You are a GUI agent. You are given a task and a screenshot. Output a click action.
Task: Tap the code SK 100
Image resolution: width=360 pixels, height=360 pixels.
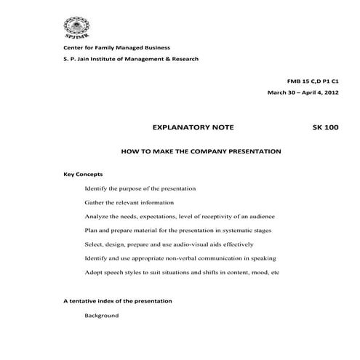click(x=324, y=128)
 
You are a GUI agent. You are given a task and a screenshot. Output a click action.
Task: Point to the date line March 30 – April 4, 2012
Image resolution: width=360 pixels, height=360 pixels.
click(x=303, y=93)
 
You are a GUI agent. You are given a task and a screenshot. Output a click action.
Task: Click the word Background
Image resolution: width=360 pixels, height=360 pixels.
click(x=101, y=315)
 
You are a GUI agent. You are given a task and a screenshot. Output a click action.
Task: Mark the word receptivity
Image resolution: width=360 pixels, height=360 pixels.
click(x=214, y=216)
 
